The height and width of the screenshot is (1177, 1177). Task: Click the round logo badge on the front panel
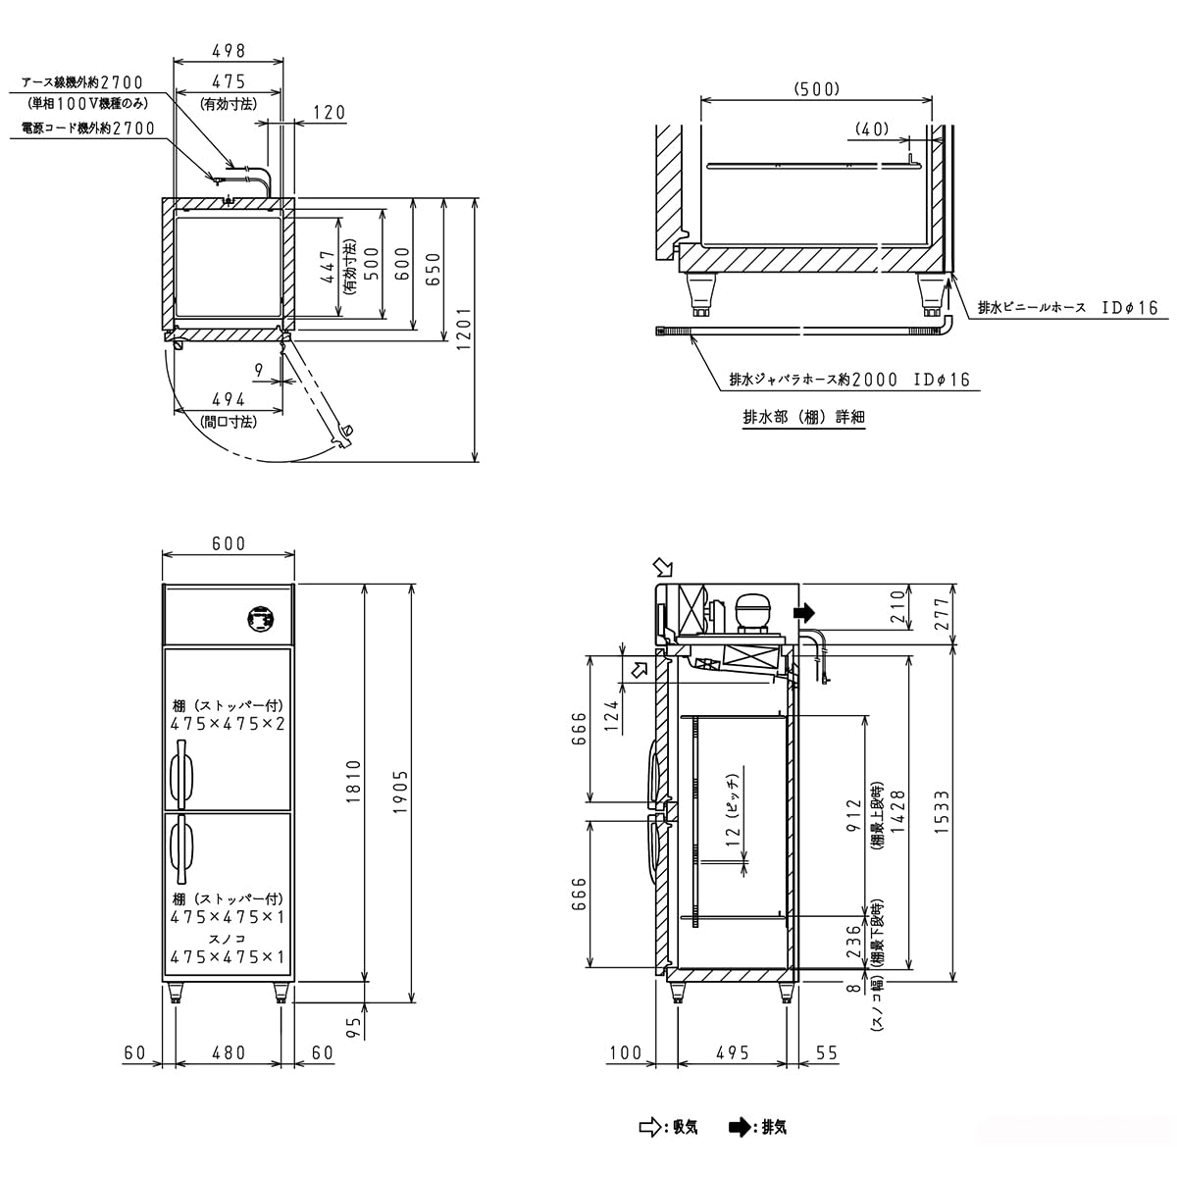[260, 619]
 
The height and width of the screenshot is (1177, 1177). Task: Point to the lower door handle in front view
[180, 845]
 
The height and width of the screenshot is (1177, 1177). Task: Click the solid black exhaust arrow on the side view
[804, 613]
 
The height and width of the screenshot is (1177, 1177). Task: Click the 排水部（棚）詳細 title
[803, 417]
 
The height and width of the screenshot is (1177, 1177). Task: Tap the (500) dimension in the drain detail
[816, 89]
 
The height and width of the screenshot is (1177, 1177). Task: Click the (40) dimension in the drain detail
[871, 128]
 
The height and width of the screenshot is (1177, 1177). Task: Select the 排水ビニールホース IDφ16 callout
[1067, 308]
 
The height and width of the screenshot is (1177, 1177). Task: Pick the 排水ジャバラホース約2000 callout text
[849, 380]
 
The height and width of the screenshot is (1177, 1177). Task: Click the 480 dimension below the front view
[229, 1052]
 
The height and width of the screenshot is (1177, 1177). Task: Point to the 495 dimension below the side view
[733, 1052]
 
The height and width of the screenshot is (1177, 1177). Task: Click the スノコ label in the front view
[227, 939]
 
